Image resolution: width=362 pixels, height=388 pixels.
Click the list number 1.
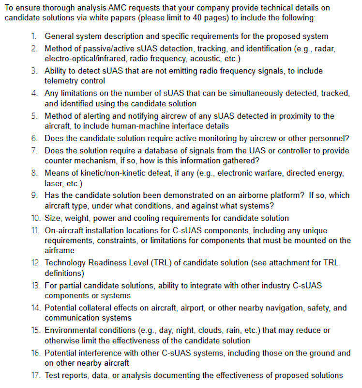pyautogui.click(x=34, y=36)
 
